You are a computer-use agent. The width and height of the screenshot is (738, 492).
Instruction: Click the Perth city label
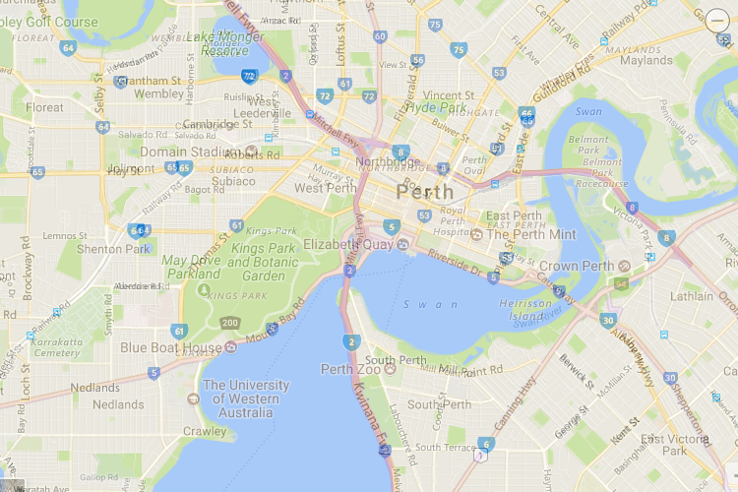pyautogui.click(x=426, y=191)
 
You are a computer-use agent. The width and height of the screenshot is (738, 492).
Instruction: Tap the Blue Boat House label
pyautogui.click(x=171, y=347)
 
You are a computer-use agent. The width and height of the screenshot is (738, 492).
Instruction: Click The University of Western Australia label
pyautogui.click(x=245, y=400)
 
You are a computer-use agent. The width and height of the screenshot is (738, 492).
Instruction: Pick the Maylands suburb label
pyautogui.click(x=646, y=60)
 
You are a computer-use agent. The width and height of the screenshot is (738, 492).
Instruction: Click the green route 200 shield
pyautogui.click(x=230, y=323)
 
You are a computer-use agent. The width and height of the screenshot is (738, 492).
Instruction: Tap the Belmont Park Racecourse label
pyautogui.click(x=602, y=161)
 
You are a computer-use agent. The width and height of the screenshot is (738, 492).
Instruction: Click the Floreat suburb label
pyautogui.click(x=44, y=107)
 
